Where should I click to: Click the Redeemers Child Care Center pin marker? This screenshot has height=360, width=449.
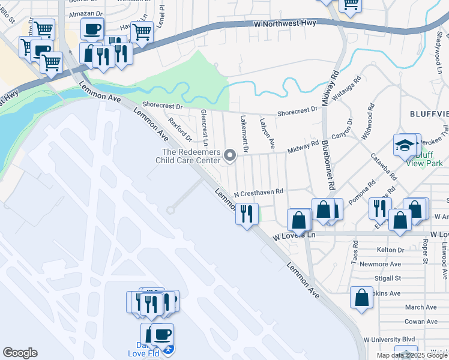(x=229, y=156)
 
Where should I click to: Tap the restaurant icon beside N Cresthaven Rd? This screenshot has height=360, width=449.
(x=246, y=214)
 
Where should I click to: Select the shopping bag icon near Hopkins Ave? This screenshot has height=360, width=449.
(x=361, y=298)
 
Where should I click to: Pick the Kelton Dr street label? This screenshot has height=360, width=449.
(x=391, y=250)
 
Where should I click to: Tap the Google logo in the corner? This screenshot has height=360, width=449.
(x=20, y=353)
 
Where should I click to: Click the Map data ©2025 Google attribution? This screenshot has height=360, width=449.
(x=412, y=355)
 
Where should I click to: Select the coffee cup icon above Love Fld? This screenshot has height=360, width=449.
(x=162, y=334)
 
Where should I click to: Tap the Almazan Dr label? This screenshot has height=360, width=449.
(x=86, y=13)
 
